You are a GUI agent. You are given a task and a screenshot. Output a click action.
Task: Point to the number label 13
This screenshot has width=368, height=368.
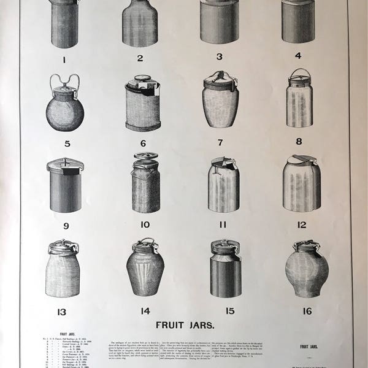pos(62,312)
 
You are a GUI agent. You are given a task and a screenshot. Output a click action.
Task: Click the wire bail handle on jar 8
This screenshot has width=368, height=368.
pos(299,75)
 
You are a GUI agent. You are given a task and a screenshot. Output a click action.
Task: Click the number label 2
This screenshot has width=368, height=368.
pos(140,59)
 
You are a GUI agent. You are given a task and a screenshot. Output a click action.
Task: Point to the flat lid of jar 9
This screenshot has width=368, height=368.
pos(65,164)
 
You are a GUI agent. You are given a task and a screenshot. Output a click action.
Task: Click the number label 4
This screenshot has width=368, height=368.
pos(298,56)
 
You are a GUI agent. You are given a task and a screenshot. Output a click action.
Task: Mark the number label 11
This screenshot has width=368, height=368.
pos(223,225)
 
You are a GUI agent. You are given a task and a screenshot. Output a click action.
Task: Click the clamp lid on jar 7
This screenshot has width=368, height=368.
pos(220,79)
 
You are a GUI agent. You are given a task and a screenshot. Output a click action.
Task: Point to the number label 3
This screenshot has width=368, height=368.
pos(219,57)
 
